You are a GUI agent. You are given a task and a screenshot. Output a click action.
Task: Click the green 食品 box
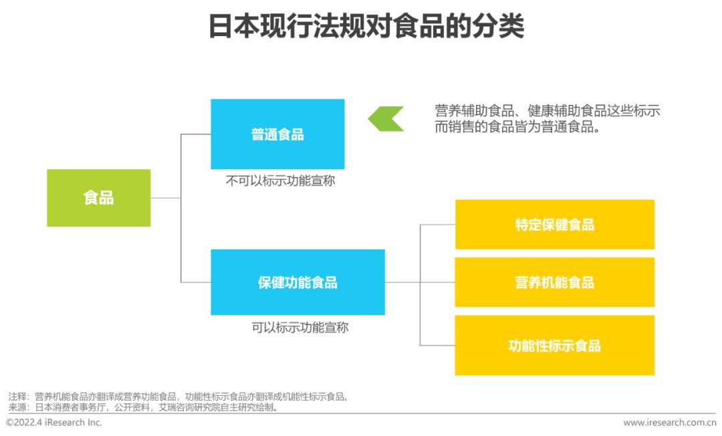pos(98,198)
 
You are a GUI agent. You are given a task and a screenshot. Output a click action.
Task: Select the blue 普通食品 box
pos(277,134)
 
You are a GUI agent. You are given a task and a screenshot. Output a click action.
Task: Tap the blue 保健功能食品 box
pos(298,282)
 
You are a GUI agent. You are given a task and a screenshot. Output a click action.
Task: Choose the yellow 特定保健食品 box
pos(555,225)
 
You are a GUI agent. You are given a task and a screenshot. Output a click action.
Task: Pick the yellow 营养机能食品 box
pos(555,282)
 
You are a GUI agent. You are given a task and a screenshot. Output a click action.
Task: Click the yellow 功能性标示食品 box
pos(555,345)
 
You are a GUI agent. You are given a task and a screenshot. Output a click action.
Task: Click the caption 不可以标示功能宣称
pos(280,181)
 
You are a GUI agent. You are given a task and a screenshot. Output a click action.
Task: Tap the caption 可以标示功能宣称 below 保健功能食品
pos(299,328)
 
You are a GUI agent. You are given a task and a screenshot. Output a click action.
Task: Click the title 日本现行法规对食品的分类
pos(366,26)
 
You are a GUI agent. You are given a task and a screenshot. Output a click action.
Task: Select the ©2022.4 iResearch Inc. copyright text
pos(54,422)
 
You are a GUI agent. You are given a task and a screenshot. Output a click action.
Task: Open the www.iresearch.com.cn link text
pos(670,423)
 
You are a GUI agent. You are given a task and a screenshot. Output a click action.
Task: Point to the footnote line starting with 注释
pos(178,397)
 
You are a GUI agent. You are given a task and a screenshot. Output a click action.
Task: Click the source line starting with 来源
pos(143,407)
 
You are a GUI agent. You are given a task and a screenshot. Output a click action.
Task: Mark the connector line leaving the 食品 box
pos(166,198)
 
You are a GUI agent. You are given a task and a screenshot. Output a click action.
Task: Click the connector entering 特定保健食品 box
pos(437,225)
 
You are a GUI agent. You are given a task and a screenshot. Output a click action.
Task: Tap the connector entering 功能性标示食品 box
pos(437,345)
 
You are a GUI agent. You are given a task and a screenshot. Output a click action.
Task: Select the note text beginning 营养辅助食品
pos(548,118)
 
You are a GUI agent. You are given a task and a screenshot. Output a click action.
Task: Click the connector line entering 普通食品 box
pos(196,134)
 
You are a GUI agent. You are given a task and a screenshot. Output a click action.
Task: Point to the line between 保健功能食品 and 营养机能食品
pos(420,282)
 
